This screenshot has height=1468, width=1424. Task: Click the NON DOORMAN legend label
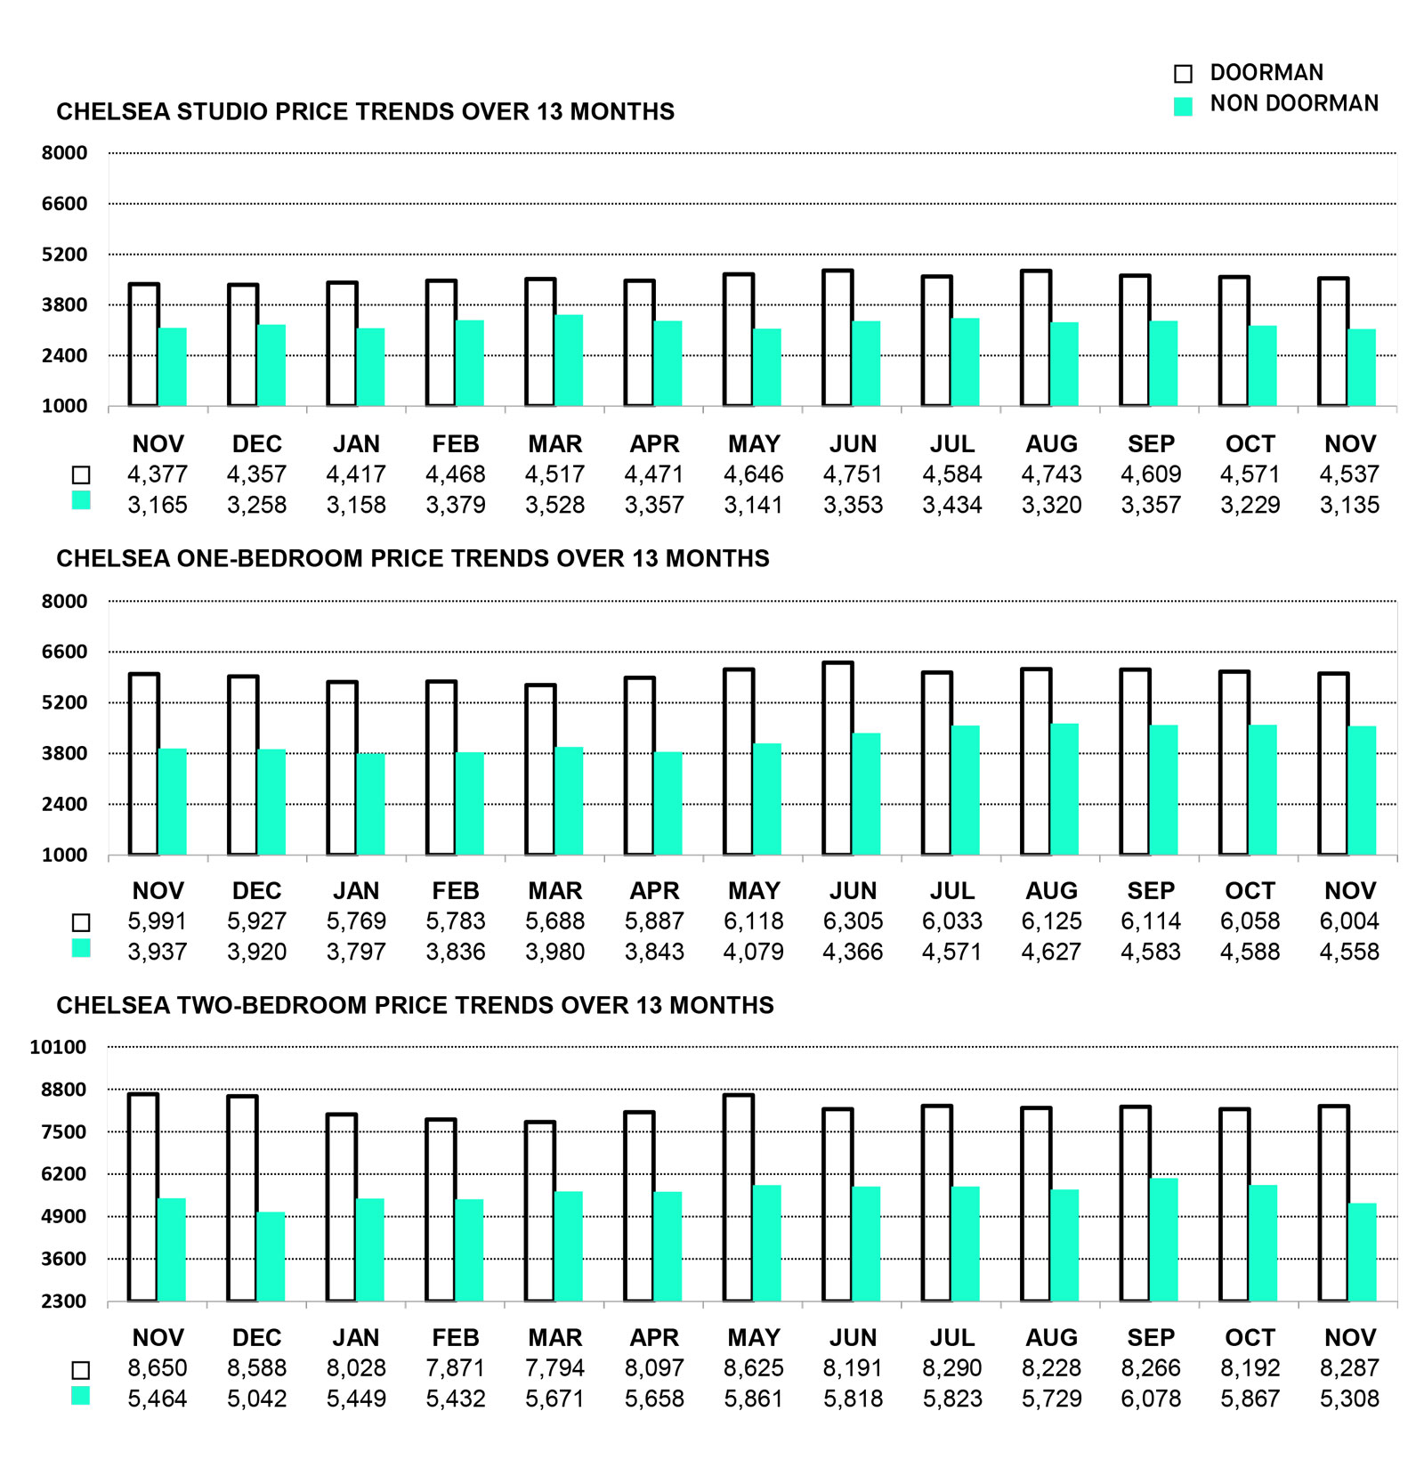tap(1293, 104)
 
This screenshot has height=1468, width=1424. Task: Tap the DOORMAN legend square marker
tap(1183, 74)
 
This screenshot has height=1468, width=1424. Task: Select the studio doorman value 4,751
tap(852, 474)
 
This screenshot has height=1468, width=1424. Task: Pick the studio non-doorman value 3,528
tap(554, 506)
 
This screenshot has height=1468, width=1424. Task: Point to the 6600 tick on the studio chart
tap(64, 204)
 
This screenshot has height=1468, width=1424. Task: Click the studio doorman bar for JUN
tap(837, 338)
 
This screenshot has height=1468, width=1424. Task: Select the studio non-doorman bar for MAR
tap(569, 361)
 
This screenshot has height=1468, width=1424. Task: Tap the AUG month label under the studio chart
tap(1051, 444)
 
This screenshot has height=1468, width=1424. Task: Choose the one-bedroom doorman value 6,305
tap(852, 921)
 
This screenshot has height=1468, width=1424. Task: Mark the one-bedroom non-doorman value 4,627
tap(1051, 952)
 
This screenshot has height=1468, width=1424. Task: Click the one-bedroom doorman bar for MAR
tap(540, 770)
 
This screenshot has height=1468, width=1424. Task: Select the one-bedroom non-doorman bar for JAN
tap(370, 805)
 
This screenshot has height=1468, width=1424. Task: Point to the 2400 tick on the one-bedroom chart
tap(64, 805)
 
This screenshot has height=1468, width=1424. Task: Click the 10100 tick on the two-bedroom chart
tap(58, 1048)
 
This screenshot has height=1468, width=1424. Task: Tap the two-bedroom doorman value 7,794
tap(554, 1368)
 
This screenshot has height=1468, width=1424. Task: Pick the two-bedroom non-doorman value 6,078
tap(1150, 1399)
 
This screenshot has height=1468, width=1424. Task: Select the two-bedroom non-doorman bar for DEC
tap(271, 1257)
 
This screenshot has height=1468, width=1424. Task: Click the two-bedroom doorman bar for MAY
tap(739, 1198)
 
